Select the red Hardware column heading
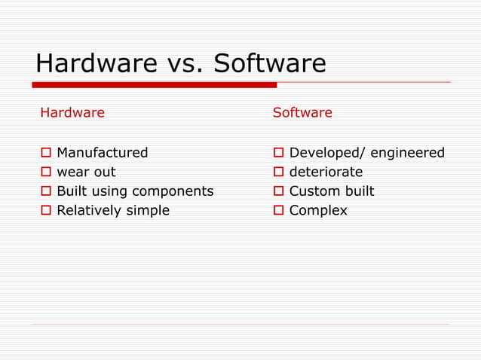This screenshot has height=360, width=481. [72, 113]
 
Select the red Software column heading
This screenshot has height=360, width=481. [302, 113]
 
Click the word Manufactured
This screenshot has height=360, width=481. [103, 153]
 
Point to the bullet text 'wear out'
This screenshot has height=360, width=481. [87, 172]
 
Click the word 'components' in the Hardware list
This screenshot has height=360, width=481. [173, 191]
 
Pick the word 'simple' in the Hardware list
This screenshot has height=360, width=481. [148, 211]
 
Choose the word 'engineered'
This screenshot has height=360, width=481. [408, 154]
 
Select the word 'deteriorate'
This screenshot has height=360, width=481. [326, 172]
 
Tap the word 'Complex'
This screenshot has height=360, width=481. [318, 211]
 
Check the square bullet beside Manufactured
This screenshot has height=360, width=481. [45, 154]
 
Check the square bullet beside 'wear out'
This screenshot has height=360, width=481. [45, 172]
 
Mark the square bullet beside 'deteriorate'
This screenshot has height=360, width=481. [277, 172]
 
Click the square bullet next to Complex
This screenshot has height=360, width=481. [277, 211]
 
